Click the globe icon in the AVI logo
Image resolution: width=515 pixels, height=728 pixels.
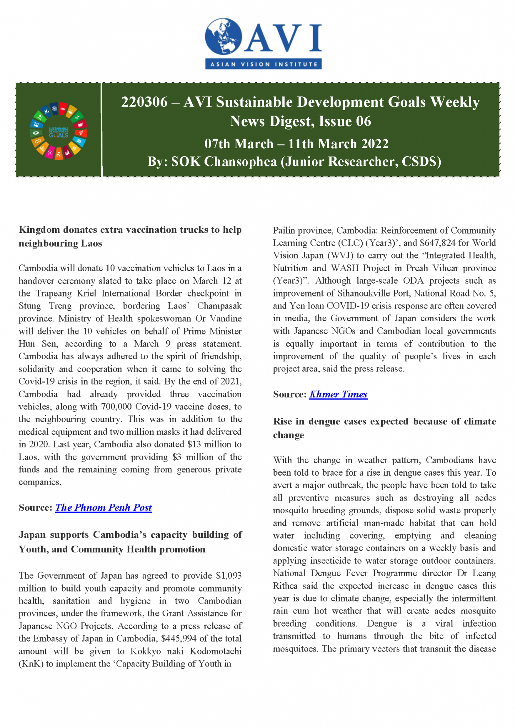click(223, 37)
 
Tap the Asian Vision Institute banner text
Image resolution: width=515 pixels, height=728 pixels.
click(264, 64)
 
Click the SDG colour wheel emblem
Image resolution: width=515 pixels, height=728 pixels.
click(59, 131)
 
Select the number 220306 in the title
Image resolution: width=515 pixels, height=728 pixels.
click(144, 102)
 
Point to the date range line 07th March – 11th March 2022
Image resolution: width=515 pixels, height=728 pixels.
click(296, 144)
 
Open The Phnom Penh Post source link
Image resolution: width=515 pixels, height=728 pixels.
click(103, 508)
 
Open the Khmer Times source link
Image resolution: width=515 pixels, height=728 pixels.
click(338, 394)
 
